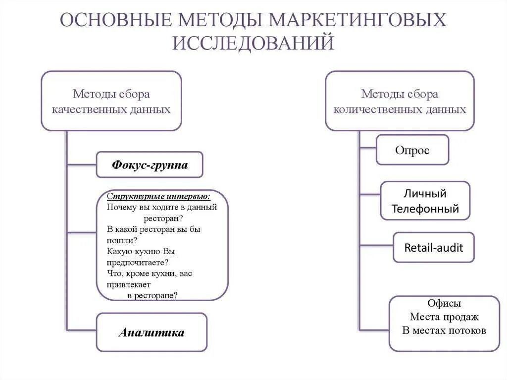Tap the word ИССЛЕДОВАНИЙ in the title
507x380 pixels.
[253, 43]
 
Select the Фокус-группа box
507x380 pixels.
[150, 164]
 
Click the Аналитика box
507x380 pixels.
[152, 332]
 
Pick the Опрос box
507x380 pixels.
[412, 150]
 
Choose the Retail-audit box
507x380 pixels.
[433, 247]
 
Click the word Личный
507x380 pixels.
[425, 193]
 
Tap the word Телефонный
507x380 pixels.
[425, 209]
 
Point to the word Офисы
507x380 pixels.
[444, 303]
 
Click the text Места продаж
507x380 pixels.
[444, 317]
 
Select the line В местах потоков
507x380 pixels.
[444, 330]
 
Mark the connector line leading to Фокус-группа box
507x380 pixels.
[81, 164]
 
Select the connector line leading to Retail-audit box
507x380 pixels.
[376, 245]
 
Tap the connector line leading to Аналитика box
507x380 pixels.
[81, 330]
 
